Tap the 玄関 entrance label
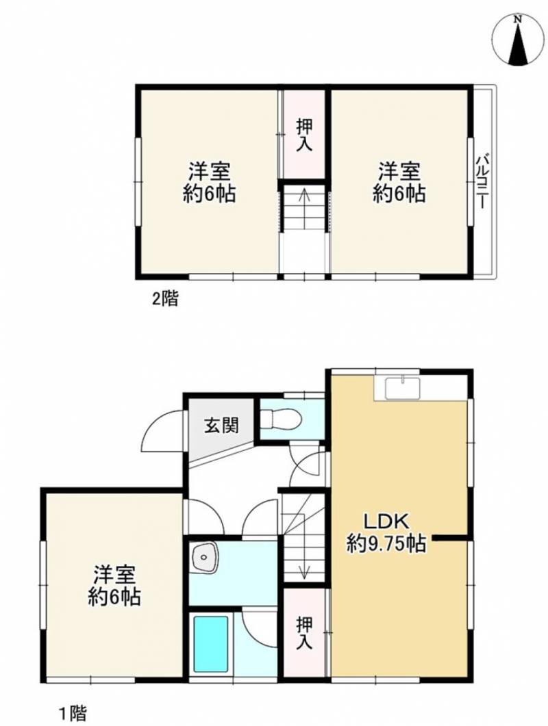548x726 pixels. point(222,424)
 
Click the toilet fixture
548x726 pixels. point(281,419)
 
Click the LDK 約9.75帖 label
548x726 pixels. point(386,533)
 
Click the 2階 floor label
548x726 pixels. point(165,298)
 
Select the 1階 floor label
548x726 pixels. point(72,712)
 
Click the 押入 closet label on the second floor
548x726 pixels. point(305,135)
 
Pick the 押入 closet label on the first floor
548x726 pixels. point(305,634)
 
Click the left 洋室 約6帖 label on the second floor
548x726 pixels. point(209,182)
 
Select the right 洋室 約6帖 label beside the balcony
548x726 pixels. point(399,182)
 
